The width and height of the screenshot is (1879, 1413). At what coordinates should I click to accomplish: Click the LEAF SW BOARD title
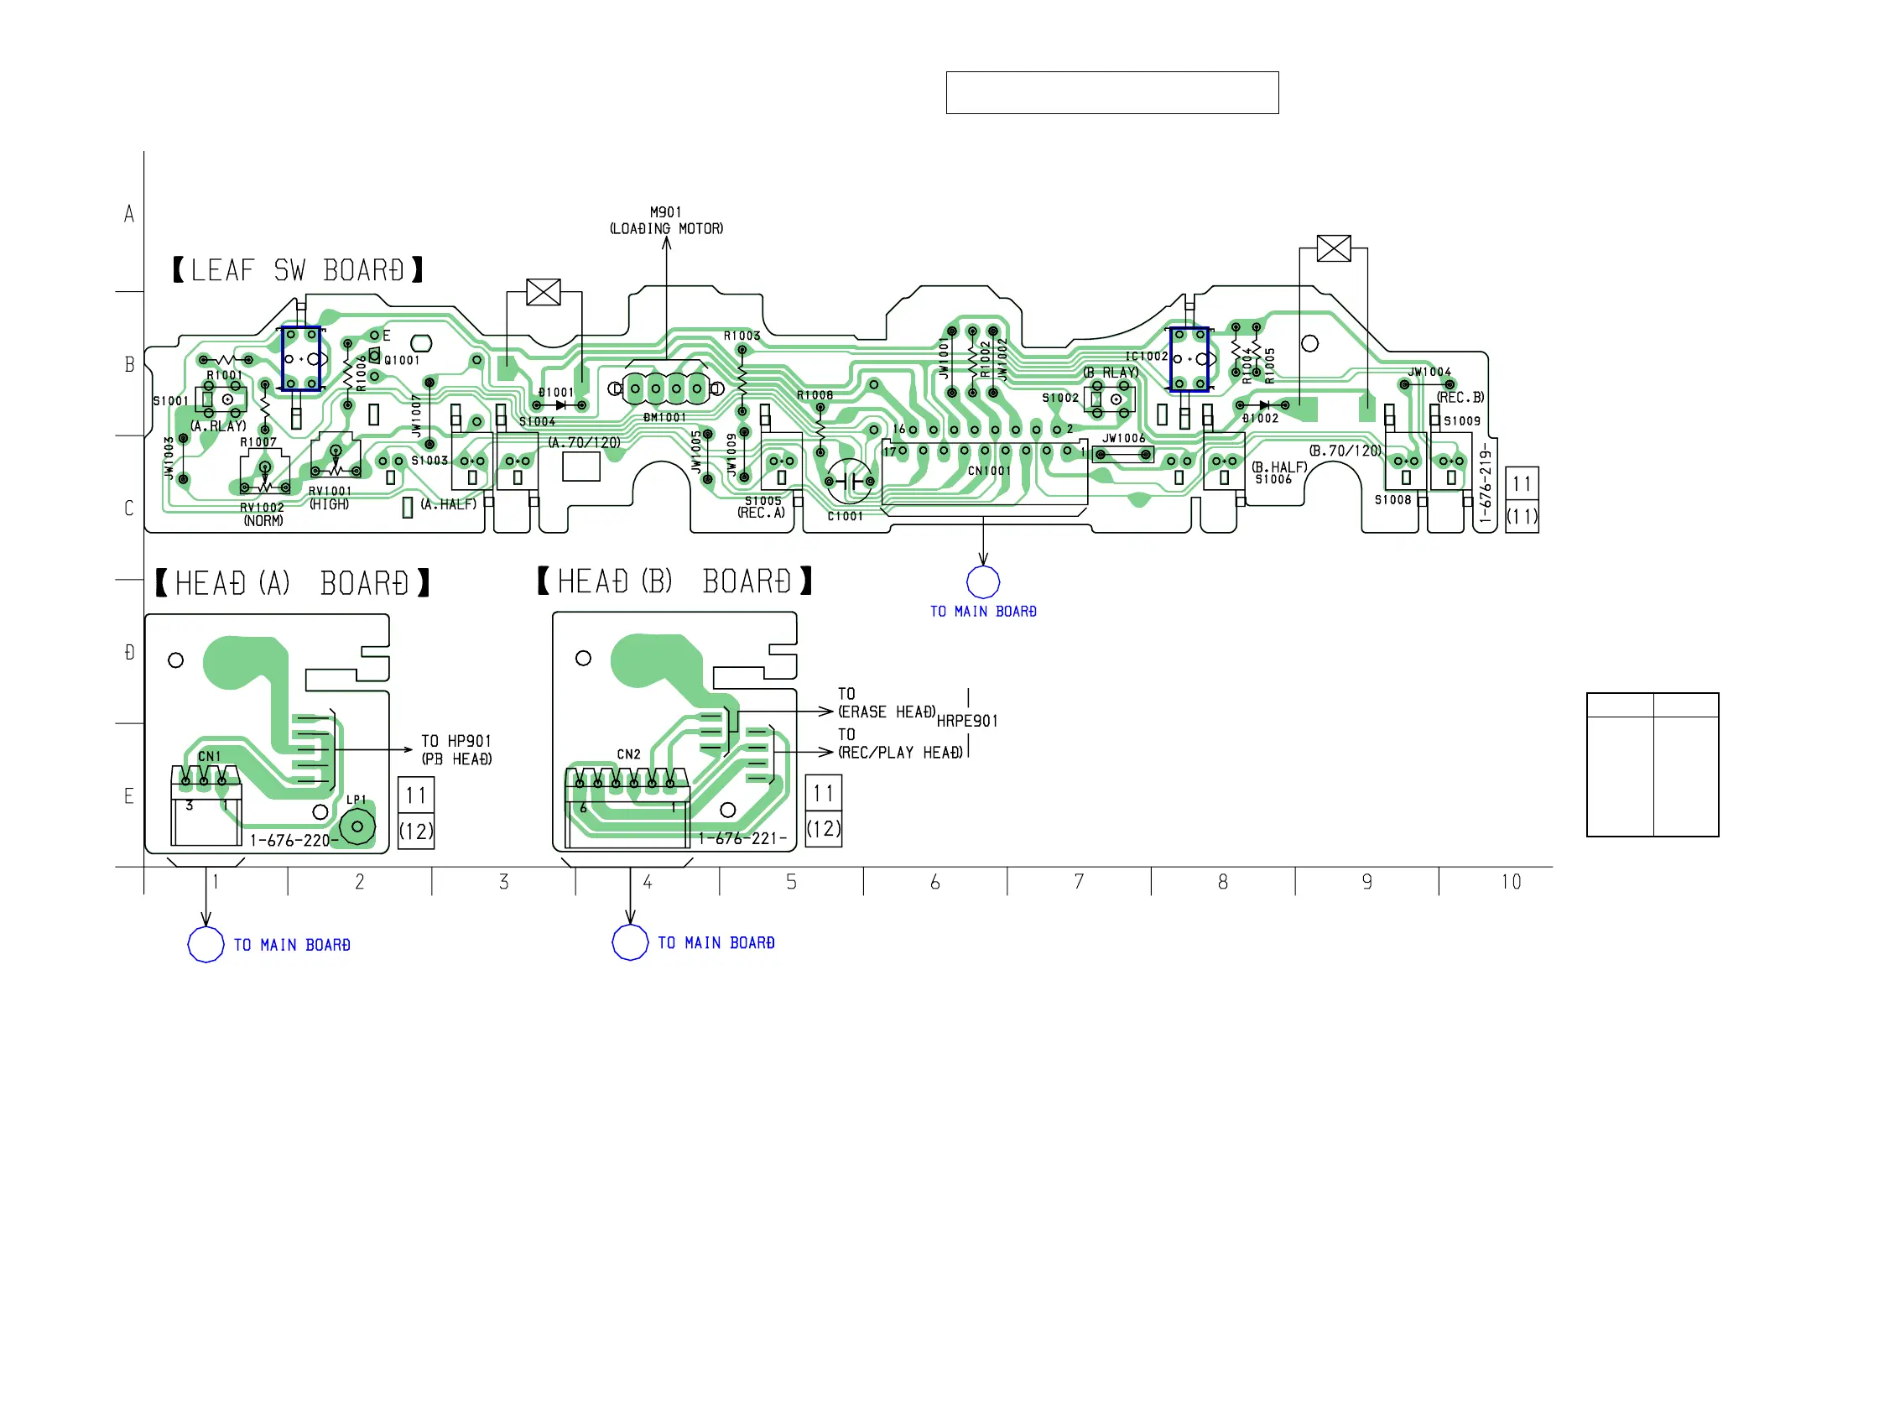click(x=297, y=270)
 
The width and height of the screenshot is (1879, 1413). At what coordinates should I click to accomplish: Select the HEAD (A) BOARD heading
click(x=292, y=584)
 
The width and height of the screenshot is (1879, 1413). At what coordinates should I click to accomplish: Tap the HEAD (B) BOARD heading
click(x=674, y=582)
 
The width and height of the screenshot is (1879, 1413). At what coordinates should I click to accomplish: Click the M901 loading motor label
click(x=666, y=220)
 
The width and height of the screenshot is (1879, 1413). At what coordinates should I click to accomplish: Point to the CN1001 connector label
click(x=989, y=471)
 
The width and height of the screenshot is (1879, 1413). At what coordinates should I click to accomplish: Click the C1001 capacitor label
click(x=845, y=516)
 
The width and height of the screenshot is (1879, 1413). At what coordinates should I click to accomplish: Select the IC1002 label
click(x=1146, y=356)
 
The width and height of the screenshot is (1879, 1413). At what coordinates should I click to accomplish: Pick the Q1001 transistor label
click(x=402, y=360)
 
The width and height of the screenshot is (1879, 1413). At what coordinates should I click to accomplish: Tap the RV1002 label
click(x=262, y=508)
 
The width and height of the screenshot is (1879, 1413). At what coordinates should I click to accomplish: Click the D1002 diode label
click(x=1260, y=418)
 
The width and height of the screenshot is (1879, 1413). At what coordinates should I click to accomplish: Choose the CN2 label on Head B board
click(x=628, y=754)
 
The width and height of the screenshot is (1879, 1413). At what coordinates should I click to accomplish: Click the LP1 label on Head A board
click(x=356, y=800)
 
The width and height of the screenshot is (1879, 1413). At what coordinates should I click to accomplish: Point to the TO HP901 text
click(x=456, y=741)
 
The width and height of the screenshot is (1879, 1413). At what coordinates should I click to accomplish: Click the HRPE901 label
click(x=966, y=722)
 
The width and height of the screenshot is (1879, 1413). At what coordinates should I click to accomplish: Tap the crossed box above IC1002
click(x=1333, y=248)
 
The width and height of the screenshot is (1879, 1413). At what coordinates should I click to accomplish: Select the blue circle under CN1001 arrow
click(x=983, y=582)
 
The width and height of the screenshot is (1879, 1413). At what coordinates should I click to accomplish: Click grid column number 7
click(x=1079, y=882)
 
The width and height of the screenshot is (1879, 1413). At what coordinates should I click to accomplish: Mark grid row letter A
click(x=129, y=214)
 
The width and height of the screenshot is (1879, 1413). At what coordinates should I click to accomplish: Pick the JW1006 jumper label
click(x=1123, y=439)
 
